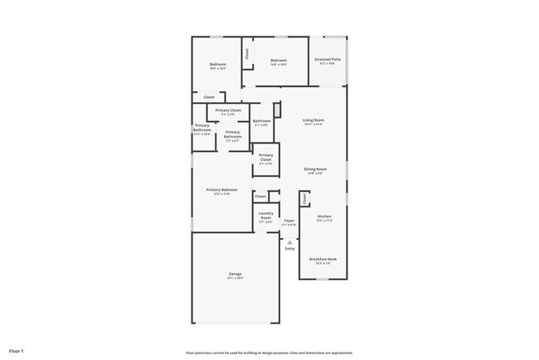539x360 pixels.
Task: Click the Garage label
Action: coord(236,274)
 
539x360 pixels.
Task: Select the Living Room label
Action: coord(313,120)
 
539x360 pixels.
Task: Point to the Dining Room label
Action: coord(315,169)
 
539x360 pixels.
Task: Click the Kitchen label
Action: coord(324,216)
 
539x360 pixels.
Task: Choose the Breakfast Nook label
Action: coord(323,259)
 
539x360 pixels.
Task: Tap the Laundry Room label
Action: coord(266,215)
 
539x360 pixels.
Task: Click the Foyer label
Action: coord(289,221)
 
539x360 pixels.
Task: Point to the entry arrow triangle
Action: coord(289,241)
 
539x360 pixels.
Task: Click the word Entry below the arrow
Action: coord(289,249)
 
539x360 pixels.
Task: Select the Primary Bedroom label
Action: coord(221,190)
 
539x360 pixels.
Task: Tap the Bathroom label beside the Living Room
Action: coord(261,121)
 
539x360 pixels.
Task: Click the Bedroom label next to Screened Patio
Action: coord(278,60)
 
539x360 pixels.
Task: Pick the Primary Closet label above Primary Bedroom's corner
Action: coord(266,157)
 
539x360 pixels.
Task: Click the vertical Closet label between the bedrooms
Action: coord(246,53)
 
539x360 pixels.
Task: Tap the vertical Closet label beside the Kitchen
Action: coord(304,199)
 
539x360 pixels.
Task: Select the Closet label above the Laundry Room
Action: coord(260,197)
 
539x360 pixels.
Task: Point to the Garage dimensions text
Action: coord(236,279)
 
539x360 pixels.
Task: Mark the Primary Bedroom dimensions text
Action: coord(221,194)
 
